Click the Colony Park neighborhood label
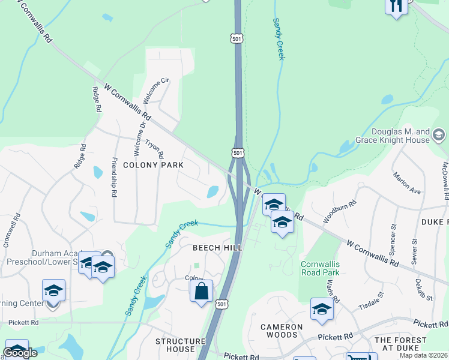coord(152,164)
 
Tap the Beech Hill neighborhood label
coord(217,248)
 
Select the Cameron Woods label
coord(281,327)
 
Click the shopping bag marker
coord(202,292)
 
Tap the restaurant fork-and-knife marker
coord(396,7)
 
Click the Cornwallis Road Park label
coord(320,268)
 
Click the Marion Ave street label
coord(407,183)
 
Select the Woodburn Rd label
coord(340,211)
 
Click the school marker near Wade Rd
coord(322,310)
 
